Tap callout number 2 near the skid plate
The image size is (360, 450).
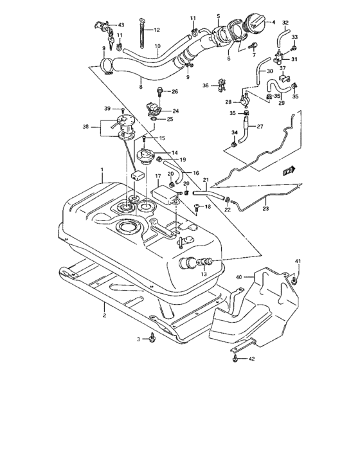tap(104, 316)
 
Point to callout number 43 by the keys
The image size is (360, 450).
tap(121, 25)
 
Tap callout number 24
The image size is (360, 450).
tap(175, 111)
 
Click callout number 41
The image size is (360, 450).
tap(298, 260)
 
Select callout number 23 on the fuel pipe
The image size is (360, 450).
tap(266, 208)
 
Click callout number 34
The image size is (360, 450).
tap(234, 132)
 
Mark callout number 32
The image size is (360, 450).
tap(285, 22)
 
